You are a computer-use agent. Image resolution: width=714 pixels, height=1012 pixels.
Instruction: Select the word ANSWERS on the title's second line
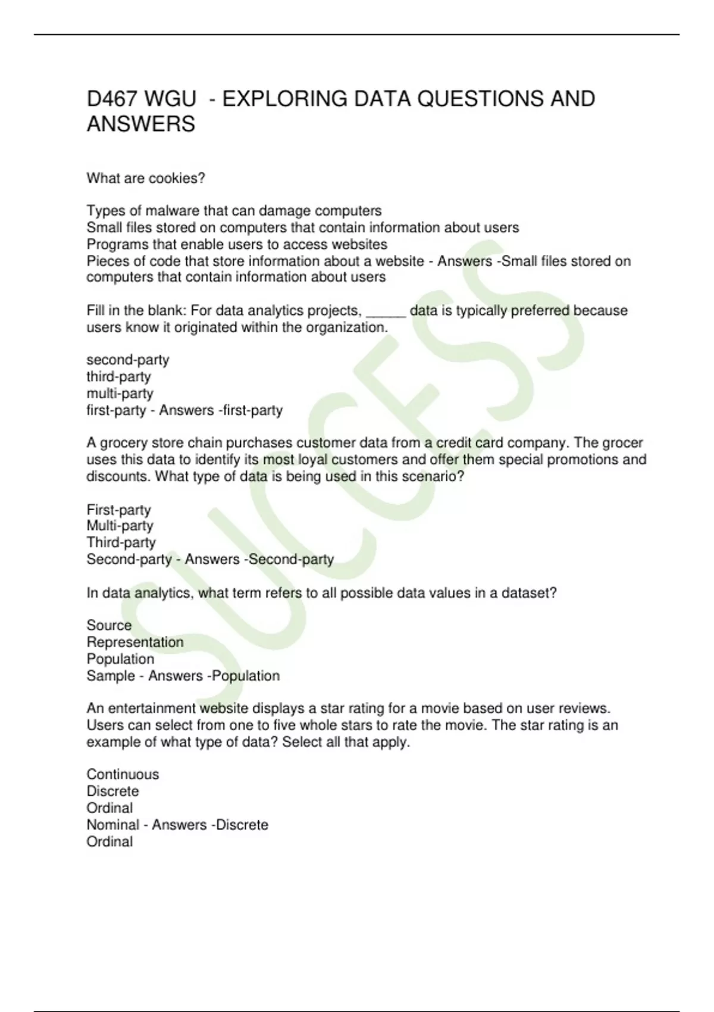click(x=141, y=124)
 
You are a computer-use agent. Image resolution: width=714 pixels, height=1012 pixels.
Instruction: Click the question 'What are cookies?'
click(x=146, y=179)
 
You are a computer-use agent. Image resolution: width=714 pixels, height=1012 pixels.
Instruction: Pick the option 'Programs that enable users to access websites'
click(x=237, y=244)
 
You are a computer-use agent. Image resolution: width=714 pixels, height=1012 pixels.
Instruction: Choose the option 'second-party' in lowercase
click(x=128, y=360)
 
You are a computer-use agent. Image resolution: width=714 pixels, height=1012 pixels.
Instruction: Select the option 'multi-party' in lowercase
click(x=120, y=393)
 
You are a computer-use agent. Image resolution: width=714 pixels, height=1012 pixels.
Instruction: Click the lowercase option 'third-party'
click(x=118, y=377)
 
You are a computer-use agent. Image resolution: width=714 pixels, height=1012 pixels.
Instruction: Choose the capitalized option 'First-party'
click(x=118, y=510)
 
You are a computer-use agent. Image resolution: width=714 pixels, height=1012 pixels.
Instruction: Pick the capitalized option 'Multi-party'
click(x=120, y=526)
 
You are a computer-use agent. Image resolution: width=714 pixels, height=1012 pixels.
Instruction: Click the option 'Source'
click(x=109, y=626)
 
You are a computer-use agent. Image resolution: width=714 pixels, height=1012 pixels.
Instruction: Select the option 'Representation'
click(x=135, y=642)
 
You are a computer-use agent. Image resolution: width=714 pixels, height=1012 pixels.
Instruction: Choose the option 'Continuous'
click(x=123, y=774)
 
